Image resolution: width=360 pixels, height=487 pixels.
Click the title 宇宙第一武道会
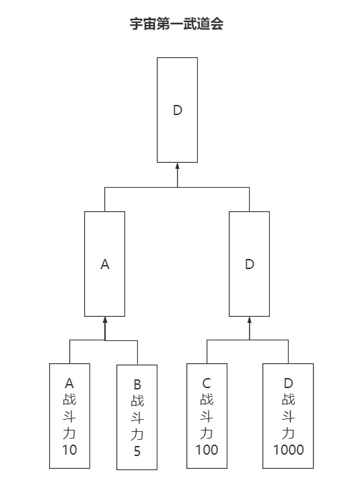pos(176,25)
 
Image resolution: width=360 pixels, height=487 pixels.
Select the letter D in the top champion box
pos(178,110)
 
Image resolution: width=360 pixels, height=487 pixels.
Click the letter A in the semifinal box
pos(104,264)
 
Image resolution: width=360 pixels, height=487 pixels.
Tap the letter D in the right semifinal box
pos(250,264)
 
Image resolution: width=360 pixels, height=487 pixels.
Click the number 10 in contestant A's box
pos(69,449)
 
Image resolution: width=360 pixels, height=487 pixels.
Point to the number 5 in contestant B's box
pos(137,451)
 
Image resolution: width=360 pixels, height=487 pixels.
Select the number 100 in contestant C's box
pos(207,449)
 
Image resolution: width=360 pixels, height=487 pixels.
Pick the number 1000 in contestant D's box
pos(288,449)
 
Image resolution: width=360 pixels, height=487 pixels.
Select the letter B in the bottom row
pos(137,385)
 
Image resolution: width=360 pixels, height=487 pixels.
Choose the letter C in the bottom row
pos(207,383)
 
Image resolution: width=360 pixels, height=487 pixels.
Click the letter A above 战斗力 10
pos(69,383)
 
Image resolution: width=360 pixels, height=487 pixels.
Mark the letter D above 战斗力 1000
pos(288,383)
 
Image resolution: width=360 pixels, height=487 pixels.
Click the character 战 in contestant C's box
pos(207,400)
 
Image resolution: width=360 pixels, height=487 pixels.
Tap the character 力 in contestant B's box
pos(137,435)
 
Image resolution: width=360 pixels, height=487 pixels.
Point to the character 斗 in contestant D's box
pos(288,416)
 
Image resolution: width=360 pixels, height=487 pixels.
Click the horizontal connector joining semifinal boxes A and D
pos(177,188)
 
